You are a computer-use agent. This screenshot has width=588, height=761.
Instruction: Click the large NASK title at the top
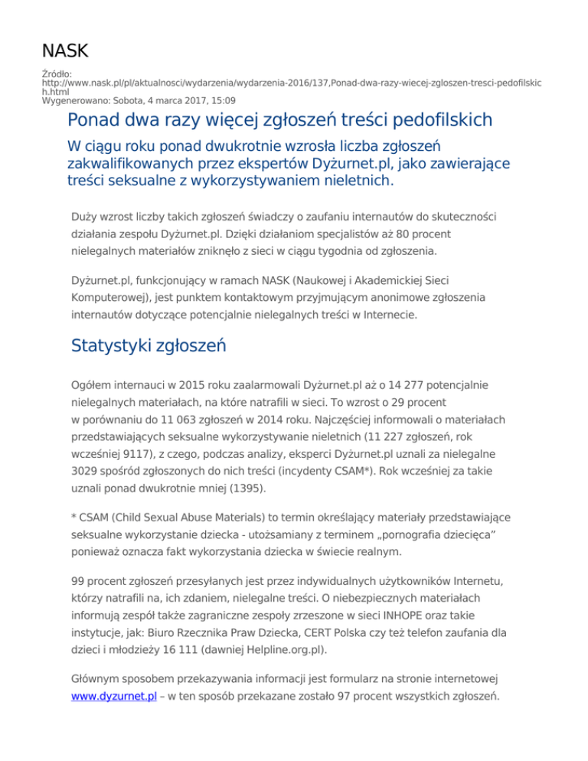point(65,51)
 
